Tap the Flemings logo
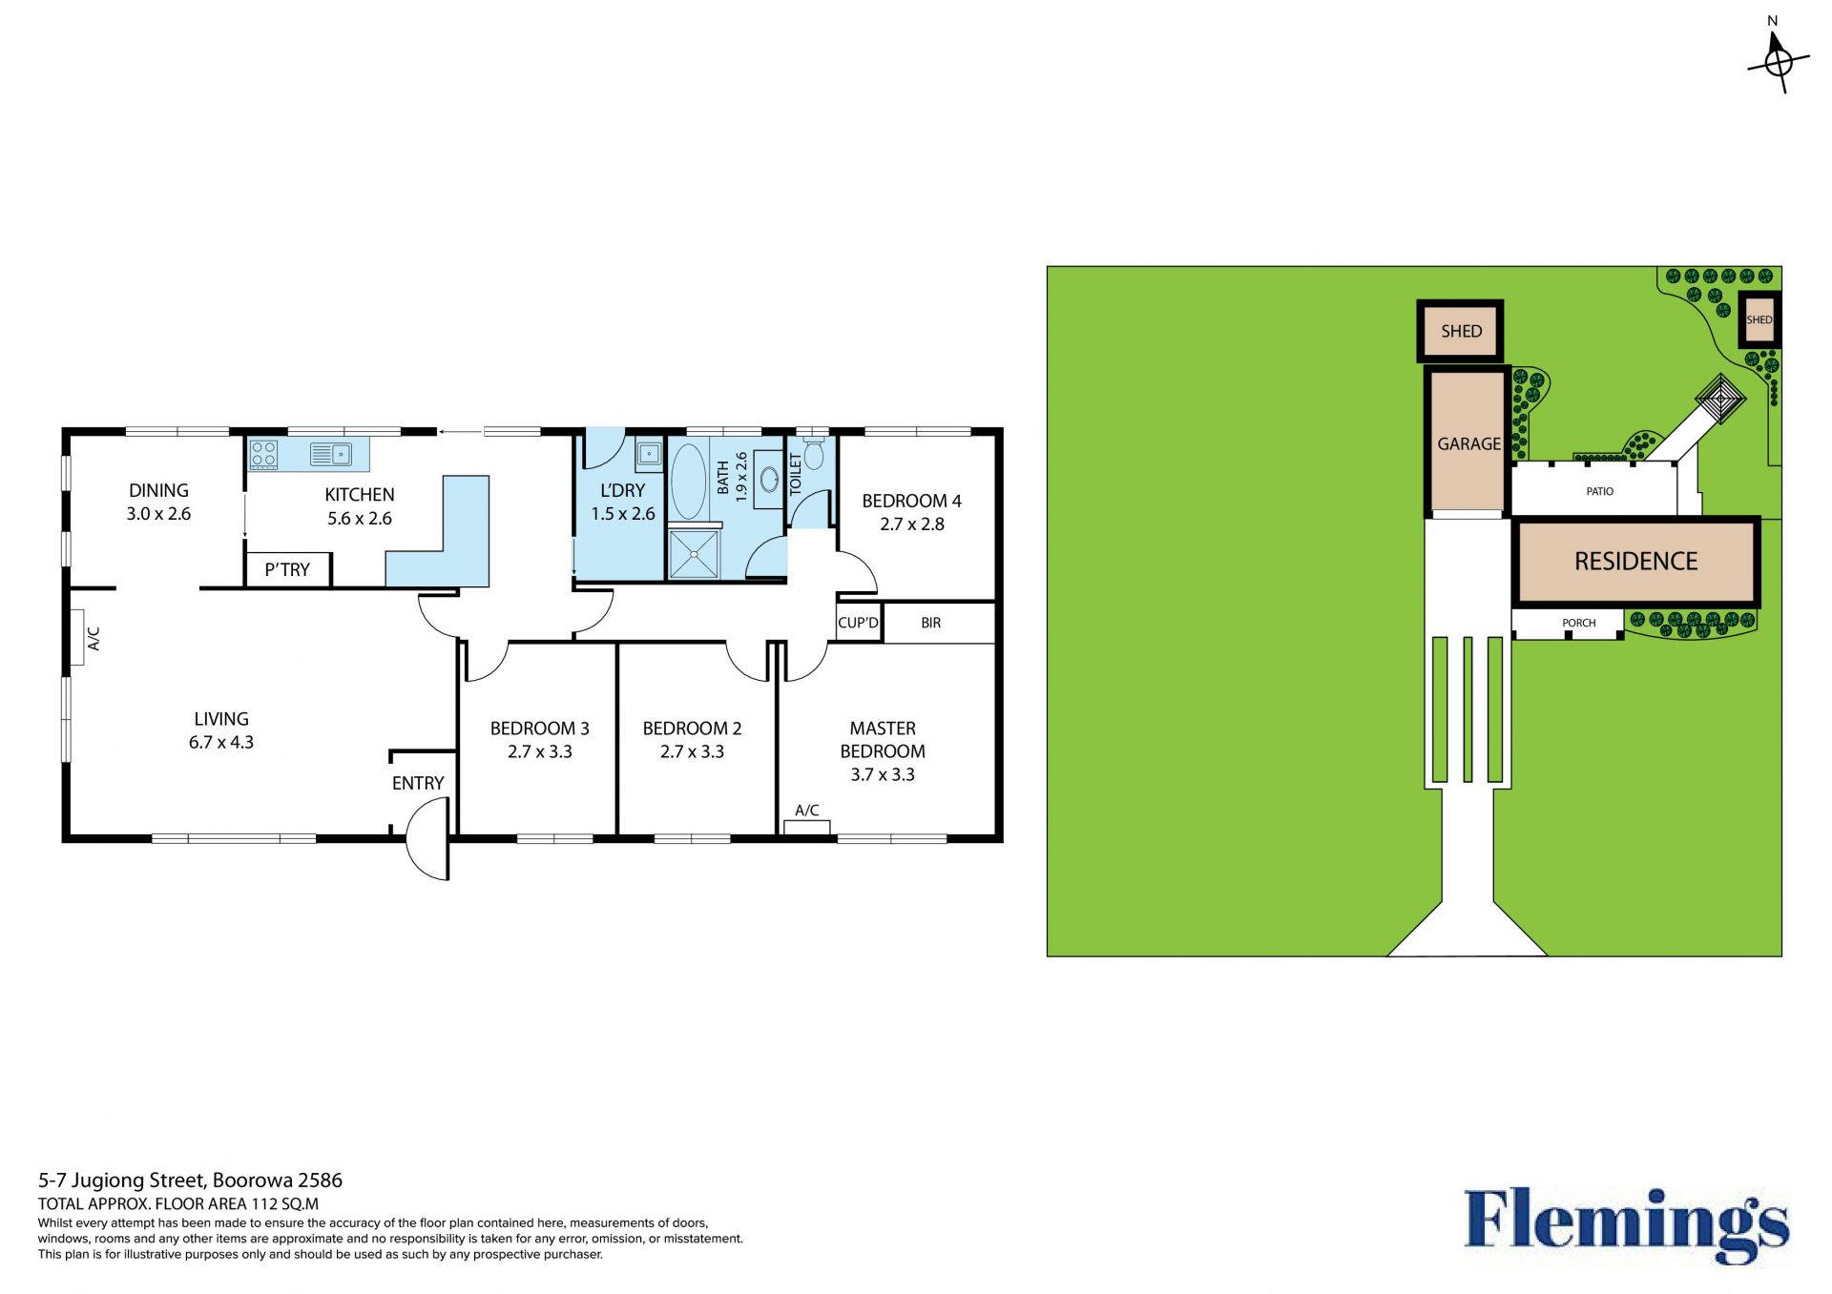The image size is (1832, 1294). (x=1627, y=1225)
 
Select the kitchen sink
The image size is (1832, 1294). (x=331, y=455)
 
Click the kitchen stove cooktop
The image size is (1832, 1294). (x=264, y=455)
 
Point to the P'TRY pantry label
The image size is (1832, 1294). (x=287, y=570)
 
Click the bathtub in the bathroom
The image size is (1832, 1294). (x=688, y=480)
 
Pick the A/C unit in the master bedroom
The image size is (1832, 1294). (x=807, y=827)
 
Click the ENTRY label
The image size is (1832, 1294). (x=418, y=783)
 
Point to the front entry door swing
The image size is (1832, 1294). (x=427, y=839)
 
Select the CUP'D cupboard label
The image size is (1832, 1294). (x=858, y=623)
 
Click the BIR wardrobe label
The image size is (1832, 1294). (x=931, y=623)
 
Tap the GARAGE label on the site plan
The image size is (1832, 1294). (x=1469, y=444)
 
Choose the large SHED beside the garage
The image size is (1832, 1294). (x=1461, y=331)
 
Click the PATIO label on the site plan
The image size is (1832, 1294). (x=1600, y=492)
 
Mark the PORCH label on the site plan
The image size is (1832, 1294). (x=1579, y=623)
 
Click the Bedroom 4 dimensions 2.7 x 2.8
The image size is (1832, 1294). (x=912, y=524)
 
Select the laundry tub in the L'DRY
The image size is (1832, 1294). (x=649, y=454)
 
